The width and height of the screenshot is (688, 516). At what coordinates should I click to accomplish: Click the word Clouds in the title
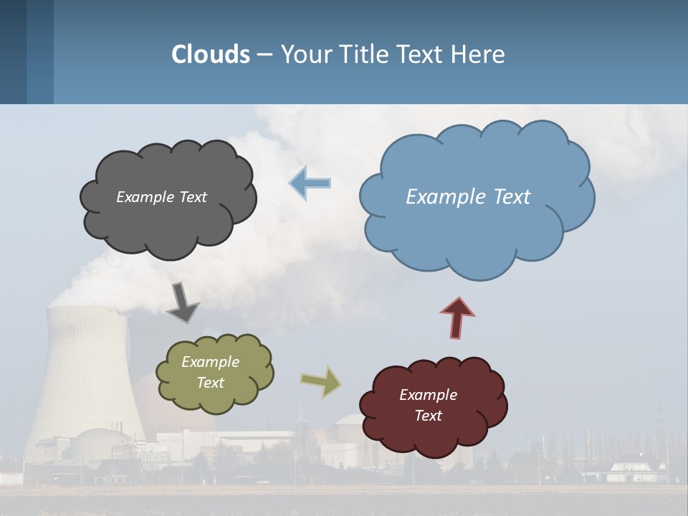pos(211,54)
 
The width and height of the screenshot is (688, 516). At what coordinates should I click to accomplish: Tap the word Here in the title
pos(478,54)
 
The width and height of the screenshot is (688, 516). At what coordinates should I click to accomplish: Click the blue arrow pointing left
pos(310,183)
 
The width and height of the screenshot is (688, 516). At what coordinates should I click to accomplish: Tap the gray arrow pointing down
pos(183,302)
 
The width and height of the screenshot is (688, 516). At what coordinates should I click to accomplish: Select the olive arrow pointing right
pos(321,381)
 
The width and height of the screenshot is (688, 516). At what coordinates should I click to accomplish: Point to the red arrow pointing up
pos(457,317)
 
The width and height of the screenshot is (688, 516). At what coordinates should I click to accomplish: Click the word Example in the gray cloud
pos(145,197)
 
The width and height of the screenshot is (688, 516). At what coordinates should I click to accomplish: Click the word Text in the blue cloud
pos(507,197)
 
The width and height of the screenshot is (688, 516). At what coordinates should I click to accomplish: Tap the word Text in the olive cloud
pos(211,383)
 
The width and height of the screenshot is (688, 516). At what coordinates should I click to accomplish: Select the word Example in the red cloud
pos(428,395)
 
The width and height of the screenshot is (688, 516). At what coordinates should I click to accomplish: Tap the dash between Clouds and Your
pos(264,54)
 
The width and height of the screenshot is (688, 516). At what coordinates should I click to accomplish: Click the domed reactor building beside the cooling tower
pos(100,444)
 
